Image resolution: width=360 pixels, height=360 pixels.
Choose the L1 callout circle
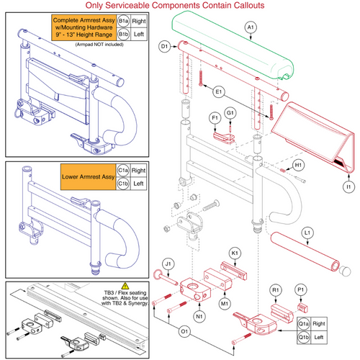click(307, 233)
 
